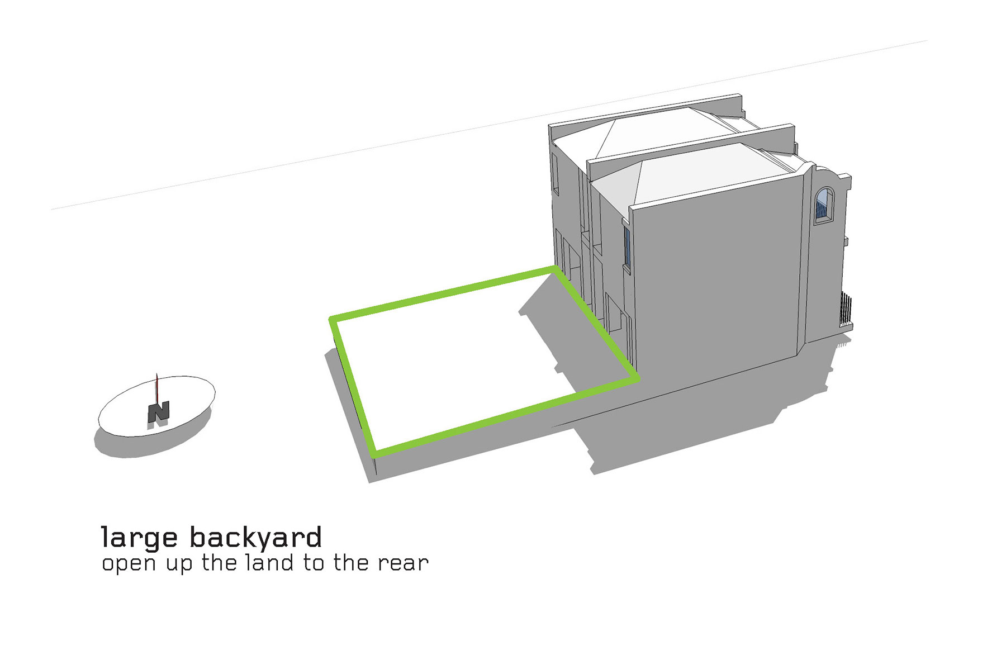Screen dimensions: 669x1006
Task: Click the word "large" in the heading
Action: (139, 538)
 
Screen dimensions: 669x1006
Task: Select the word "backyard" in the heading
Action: (256, 538)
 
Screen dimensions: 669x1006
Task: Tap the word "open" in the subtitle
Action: (129, 563)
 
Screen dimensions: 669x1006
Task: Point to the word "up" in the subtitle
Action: (178, 563)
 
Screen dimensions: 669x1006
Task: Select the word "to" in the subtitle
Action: (314, 562)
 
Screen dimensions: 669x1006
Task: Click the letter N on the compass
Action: (159, 412)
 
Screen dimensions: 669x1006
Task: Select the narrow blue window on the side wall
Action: (627, 246)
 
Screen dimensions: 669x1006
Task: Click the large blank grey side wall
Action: (721, 279)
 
